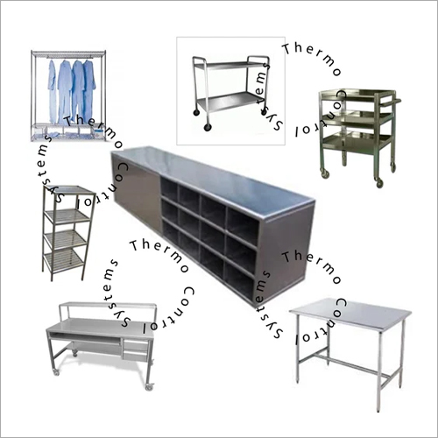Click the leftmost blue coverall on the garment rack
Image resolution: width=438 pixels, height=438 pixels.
click(53, 90)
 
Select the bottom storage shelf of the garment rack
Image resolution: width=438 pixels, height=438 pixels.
click(68, 137)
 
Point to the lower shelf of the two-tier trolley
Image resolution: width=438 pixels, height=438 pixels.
click(230, 101)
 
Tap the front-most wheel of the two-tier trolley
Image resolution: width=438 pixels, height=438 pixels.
click(208, 127)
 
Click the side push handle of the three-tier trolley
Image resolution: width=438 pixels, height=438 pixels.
click(391, 102)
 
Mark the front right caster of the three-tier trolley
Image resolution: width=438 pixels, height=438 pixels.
click(379, 183)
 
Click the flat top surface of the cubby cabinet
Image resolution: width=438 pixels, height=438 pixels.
click(213, 178)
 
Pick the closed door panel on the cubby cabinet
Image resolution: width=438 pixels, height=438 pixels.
click(137, 193)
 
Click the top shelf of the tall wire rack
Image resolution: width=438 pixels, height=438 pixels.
click(69, 190)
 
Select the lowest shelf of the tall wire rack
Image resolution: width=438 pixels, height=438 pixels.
click(64, 259)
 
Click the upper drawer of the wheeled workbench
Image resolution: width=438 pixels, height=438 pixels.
click(135, 345)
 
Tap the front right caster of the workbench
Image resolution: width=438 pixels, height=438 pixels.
click(149, 386)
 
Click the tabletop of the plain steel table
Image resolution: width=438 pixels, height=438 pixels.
click(350, 314)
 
